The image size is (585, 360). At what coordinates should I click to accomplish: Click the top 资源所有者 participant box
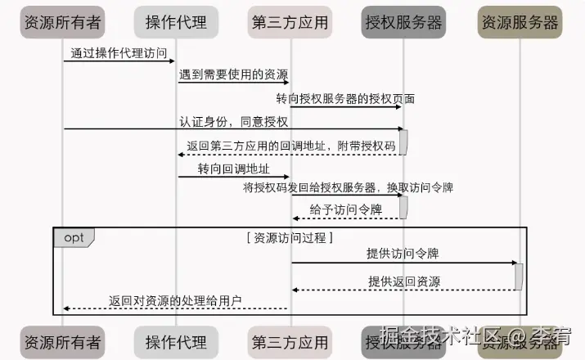[x=63, y=22]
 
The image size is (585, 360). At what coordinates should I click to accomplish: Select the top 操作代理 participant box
[x=176, y=22]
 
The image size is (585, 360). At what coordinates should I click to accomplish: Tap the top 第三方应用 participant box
[x=290, y=22]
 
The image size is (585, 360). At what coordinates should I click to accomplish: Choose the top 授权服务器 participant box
[x=403, y=22]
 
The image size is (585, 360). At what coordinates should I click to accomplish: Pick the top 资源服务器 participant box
[x=520, y=22]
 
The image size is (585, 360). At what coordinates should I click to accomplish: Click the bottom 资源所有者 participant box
[x=63, y=341]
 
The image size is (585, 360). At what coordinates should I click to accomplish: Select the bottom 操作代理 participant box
[x=176, y=341]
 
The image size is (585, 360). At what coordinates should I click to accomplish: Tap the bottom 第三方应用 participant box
[x=290, y=341]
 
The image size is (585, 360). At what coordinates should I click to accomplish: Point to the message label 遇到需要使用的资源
[x=232, y=75]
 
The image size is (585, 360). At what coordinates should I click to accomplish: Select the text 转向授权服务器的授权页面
[x=345, y=99]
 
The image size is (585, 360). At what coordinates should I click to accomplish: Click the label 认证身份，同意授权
[x=234, y=122]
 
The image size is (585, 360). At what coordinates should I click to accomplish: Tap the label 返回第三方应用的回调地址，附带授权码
[x=291, y=146]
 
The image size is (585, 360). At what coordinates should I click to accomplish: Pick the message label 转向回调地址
[x=232, y=169]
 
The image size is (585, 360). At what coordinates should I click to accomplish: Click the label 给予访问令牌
[x=346, y=209]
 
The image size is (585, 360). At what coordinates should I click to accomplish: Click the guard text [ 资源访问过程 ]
[x=290, y=238]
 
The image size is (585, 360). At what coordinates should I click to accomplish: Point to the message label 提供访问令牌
[x=403, y=254]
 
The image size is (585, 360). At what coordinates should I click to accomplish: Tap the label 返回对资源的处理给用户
[x=176, y=300]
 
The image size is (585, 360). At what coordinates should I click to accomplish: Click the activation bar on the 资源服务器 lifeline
[x=519, y=276]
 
